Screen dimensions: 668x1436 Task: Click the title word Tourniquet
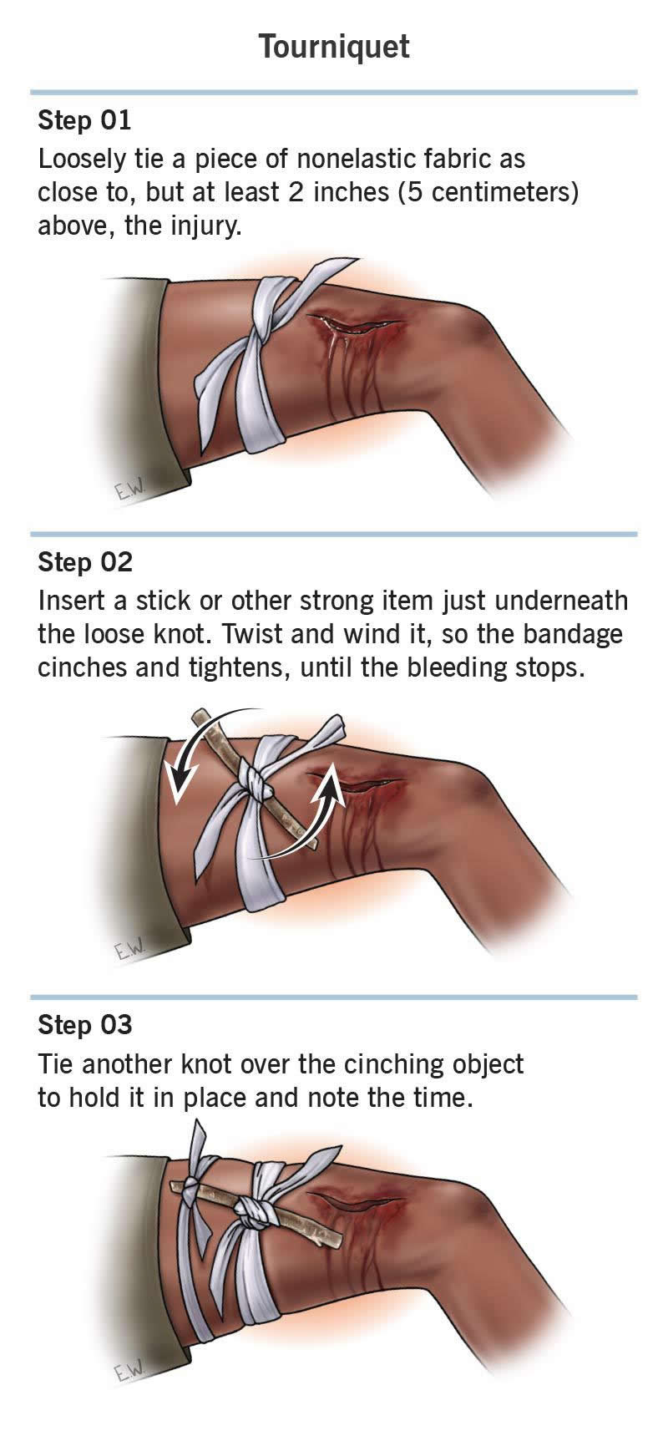[x=334, y=47]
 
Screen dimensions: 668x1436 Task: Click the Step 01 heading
[x=84, y=120]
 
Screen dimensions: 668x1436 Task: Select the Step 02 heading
[x=85, y=562]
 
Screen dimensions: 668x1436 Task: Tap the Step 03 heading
[x=85, y=1025]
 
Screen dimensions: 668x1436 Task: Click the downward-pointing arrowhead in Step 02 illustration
[x=178, y=790]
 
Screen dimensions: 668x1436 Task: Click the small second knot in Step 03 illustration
[x=191, y=1188]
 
